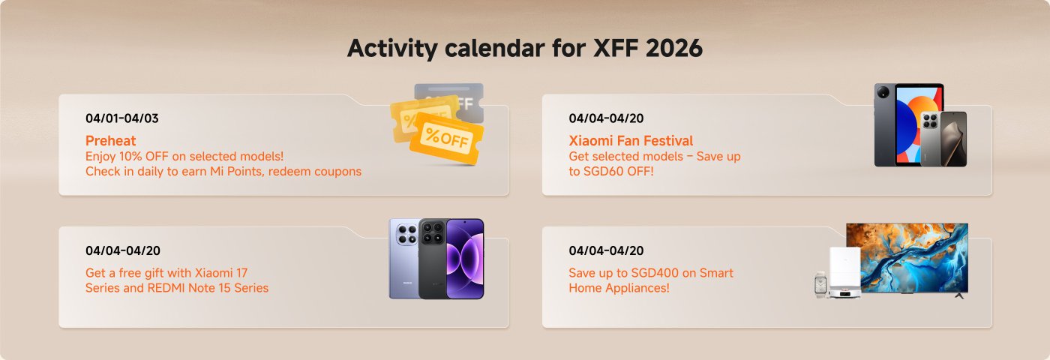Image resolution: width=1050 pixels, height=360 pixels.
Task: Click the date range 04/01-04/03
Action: [x=122, y=118]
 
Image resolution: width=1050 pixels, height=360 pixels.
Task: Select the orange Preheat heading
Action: [x=110, y=141]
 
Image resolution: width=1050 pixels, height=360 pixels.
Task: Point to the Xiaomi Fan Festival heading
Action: [x=631, y=141]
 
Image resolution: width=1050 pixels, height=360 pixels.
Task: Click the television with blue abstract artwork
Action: [x=907, y=256]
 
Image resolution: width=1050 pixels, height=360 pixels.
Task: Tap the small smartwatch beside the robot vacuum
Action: [x=819, y=285]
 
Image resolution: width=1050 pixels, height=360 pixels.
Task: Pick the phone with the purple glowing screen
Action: [x=466, y=259]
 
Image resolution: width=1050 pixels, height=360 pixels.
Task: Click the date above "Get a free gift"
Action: [x=122, y=250]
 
